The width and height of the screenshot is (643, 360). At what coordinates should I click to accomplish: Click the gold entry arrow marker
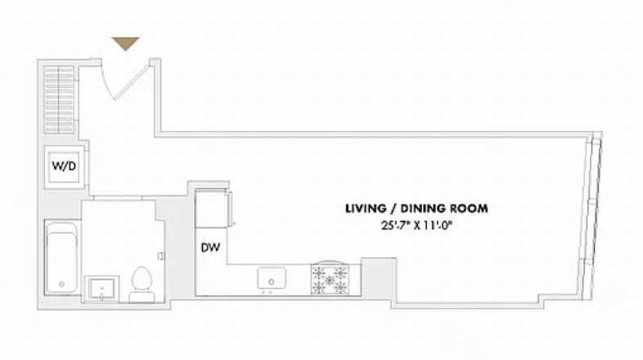[125, 43]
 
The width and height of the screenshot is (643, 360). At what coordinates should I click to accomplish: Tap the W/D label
[64, 166]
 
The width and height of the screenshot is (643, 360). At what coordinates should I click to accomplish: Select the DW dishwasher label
[210, 247]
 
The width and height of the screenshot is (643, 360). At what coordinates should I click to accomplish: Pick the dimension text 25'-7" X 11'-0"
[416, 226]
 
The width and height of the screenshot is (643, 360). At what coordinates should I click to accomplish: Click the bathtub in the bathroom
[62, 258]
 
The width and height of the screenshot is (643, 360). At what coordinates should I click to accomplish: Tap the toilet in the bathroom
[142, 285]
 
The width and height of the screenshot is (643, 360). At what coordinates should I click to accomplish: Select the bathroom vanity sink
[101, 289]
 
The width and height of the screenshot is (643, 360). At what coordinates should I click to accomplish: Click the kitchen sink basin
[272, 278]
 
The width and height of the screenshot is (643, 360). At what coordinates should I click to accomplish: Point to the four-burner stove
[330, 279]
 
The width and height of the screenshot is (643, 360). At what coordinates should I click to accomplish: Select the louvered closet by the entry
[59, 99]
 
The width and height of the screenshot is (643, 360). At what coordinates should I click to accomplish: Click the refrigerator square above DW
[211, 209]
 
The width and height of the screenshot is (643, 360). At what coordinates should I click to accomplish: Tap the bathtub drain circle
[62, 284]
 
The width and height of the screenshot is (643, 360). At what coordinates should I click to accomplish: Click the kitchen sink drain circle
[271, 282]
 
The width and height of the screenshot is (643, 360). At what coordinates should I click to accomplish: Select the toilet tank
[142, 296]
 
